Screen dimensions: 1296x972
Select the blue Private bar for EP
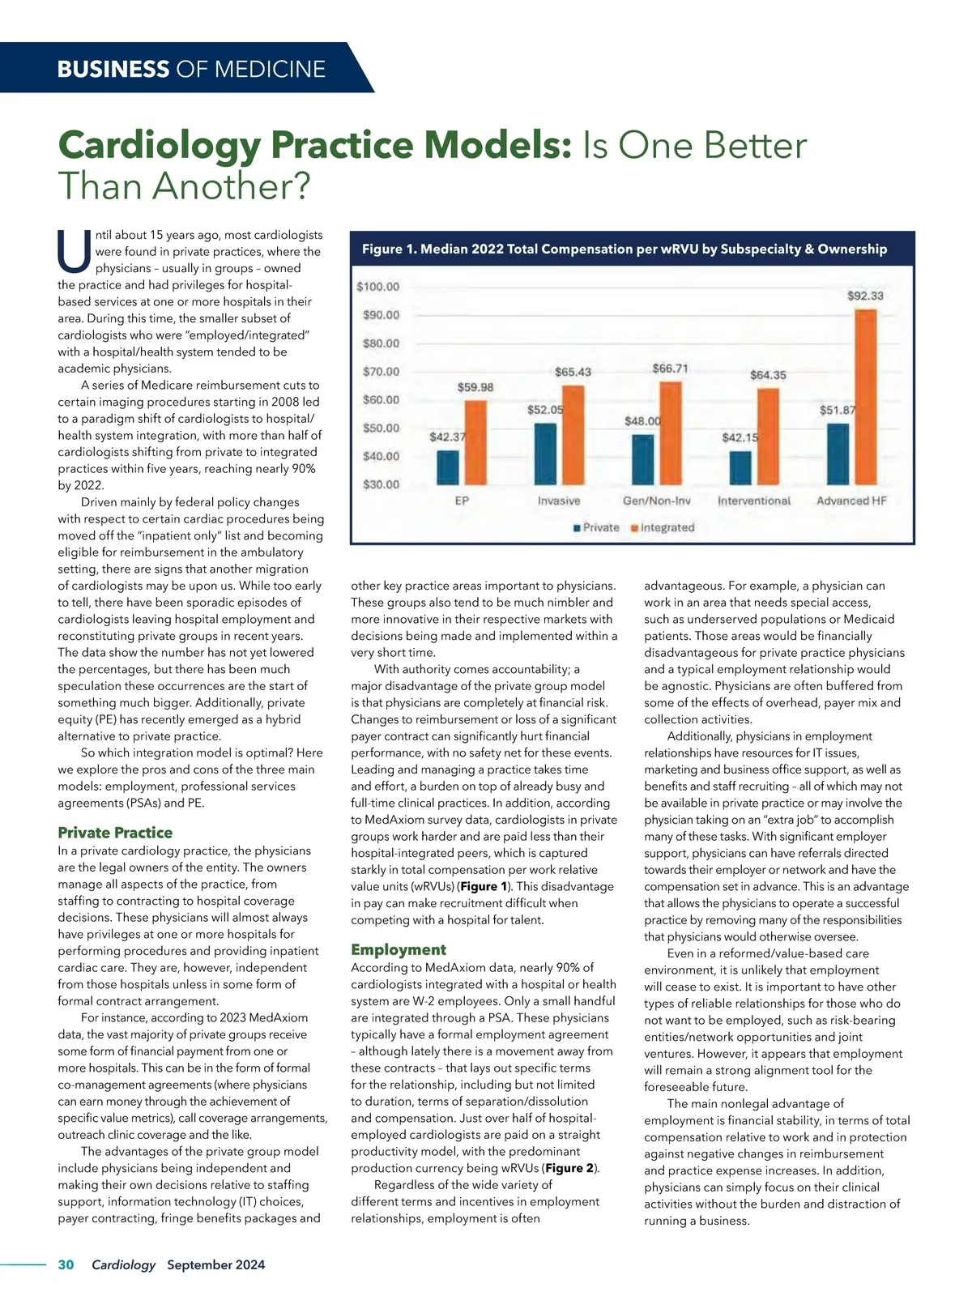pos(447,467)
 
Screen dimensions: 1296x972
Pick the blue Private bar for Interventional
pos(740,467)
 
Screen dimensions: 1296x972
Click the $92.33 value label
pos(865,296)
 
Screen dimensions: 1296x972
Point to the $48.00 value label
pos(642,421)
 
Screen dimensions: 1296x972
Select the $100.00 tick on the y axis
pos(378,287)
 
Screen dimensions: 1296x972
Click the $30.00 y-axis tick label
pos(381,484)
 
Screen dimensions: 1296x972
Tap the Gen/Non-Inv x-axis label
pos(656,501)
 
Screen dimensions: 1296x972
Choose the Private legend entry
pos(597,527)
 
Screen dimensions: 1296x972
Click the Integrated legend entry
pos(663,527)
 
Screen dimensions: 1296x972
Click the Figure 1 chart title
pos(624,249)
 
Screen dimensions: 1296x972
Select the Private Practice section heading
pos(115,833)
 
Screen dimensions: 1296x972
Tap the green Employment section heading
pos(399,949)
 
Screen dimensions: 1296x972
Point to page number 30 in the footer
pos(66,1264)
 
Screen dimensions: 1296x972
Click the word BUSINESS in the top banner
pos(113,69)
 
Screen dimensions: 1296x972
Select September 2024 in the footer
pos(215,1264)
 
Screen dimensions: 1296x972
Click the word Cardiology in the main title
pos(159,146)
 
